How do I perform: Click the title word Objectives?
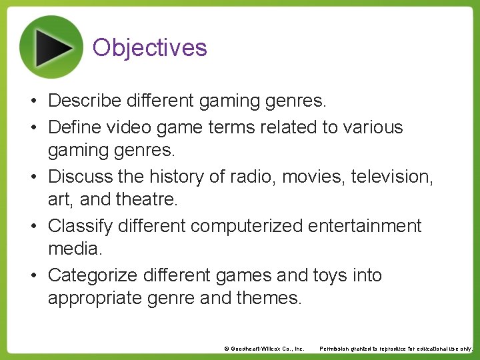click(150, 47)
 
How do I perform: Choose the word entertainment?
click(365, 226)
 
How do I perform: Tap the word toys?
click(329, 275)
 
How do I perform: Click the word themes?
click(269, 299)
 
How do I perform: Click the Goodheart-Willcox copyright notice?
click(264, 349)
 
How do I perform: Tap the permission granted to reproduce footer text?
click(396, 349)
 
